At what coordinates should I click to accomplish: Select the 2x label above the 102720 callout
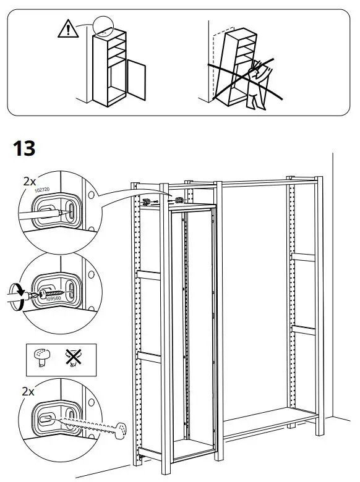click(29, 181)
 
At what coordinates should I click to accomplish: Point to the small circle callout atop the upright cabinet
click(105, 27)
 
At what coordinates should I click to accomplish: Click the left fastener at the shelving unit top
click(147, 201)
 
